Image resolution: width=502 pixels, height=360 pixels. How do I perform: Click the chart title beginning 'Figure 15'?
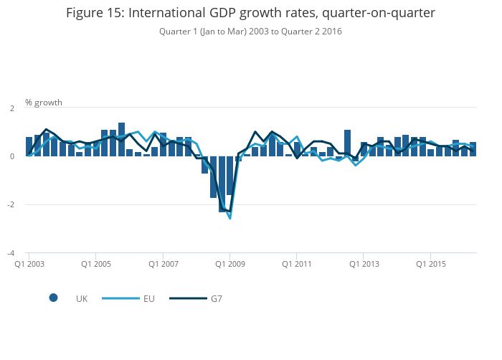click(250, 13)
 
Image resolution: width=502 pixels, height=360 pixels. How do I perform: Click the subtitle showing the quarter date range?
click(250, 32)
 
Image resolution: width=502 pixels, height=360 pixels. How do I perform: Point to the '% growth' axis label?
click(44, 103)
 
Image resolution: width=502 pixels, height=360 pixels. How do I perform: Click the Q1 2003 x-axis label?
click(29, 264)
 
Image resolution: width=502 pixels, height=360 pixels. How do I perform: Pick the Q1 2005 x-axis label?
click(96, 264)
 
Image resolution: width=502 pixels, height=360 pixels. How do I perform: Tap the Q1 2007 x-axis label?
click(163, 264)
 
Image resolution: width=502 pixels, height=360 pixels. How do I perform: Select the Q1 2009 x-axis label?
click(229, 264)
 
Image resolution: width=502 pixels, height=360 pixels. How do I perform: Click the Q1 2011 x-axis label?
click(296, 264)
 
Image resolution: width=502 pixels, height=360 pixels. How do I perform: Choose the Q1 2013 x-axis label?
click(363, 264)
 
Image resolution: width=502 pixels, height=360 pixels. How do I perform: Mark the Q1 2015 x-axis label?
click(430, 264)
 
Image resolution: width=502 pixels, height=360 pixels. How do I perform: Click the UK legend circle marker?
click(53, 298)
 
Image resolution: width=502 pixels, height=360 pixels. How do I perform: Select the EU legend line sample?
click(120, 298)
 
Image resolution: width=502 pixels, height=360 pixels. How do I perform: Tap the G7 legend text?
click(216, 298)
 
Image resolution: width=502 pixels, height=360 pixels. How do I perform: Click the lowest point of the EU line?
click(229, 218)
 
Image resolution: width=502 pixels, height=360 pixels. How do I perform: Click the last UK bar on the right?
click(473, 149)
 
